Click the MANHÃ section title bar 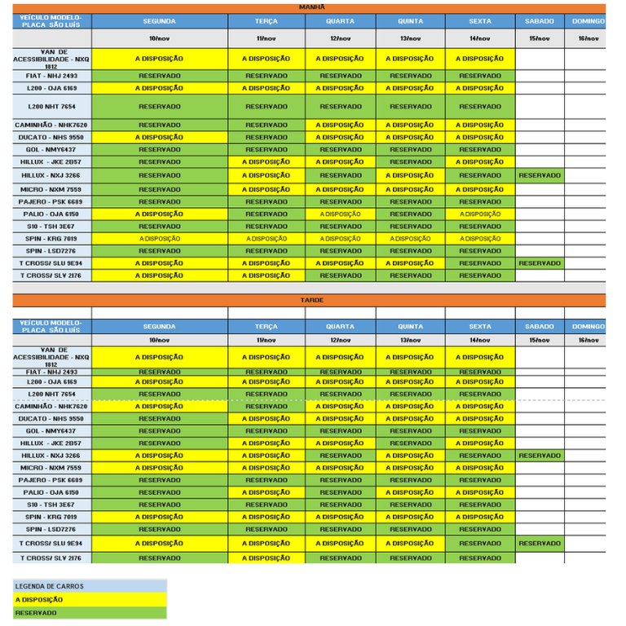tap(312, 7)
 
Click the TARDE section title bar tap(312, 300)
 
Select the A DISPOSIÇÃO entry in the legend tap(90, 599)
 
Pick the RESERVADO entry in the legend tap(90, 612)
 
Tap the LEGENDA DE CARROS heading tap(90, 586)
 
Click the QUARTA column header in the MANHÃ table tap(340, 21)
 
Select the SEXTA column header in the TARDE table tap(480, 326)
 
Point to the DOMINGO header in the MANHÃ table tap(589, 21)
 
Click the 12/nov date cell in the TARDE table tap(340, 340)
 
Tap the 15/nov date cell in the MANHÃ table tap(539, 38)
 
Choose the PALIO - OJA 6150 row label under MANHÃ tap(51, 214)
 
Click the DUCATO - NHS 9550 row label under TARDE tap(51, 419)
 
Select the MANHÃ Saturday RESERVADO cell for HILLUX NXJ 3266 tap(539, 175)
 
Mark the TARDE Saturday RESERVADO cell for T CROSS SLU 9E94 tap(539, 543)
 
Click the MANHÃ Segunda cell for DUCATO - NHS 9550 tap(160, 137)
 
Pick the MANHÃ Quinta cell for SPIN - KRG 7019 tap(410, 239)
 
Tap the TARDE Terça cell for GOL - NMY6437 tap(267, 431)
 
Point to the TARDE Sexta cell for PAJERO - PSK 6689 tap(480, 480)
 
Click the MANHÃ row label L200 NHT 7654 tap(51, 107)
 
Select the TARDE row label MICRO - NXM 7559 tap(51, 468)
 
